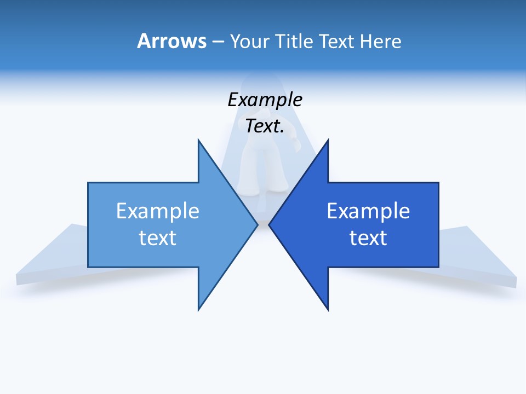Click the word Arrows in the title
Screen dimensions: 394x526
(x=171, y=41)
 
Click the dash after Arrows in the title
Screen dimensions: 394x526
(x=218, y=42)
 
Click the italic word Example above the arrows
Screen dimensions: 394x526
(x=265, y=100)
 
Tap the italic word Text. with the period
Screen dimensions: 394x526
(x=265, y=126)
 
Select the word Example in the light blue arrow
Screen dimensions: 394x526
(x=158, y=211)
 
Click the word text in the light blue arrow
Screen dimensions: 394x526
(x=158, y=238)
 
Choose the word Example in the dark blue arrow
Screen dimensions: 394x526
(x=368, y=211)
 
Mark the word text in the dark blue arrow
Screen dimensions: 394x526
(x=368, y=238)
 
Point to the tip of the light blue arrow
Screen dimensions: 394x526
(x=257, y=224)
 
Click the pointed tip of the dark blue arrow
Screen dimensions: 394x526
(x=270, y=224)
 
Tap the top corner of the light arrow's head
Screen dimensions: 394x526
(x=199, y=141)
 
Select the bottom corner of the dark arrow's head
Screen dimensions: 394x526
(x=328, y=309)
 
